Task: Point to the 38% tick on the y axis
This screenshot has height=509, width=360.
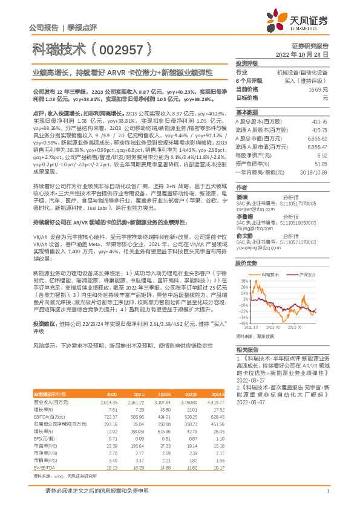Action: pos(244,282)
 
